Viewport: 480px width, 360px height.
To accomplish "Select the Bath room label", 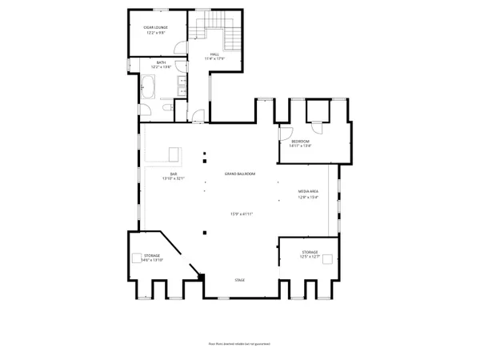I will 161,62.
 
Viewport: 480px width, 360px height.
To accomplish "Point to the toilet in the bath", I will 163,106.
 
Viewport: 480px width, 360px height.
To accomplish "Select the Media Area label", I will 309,192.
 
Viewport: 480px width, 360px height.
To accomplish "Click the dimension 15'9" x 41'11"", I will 240,214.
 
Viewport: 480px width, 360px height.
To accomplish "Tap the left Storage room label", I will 151,256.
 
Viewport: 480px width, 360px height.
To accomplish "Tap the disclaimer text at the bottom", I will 239,342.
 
